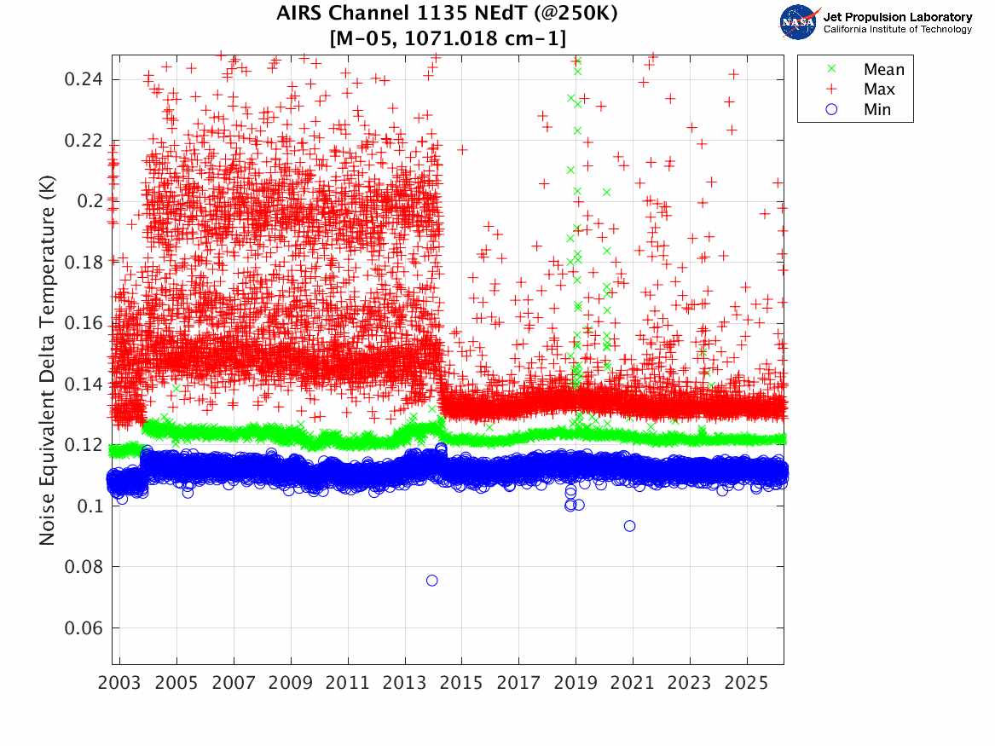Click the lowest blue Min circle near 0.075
pos(432,581)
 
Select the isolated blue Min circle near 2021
pos(629,526)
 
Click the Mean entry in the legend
pos(883,69)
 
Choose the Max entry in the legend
pos(879,90)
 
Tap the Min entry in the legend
pos(877,109)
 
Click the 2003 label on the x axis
pos(120,685)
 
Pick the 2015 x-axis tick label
pos(461,685)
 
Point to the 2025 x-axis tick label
pos(746,685)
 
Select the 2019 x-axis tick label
pos(576,685)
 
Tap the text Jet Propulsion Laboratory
pos(897,16)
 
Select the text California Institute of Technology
pos(897,30)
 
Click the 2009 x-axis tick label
pos(291,685)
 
